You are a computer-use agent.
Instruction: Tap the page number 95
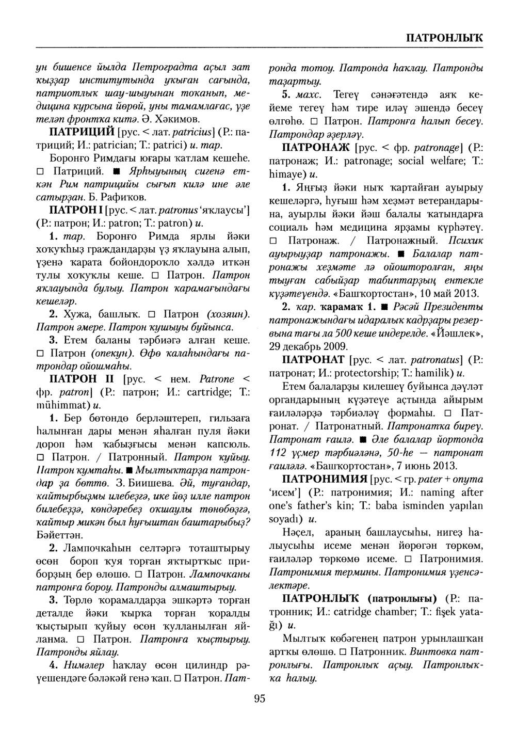coord(259,699)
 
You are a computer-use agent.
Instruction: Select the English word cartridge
coord(209,392)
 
